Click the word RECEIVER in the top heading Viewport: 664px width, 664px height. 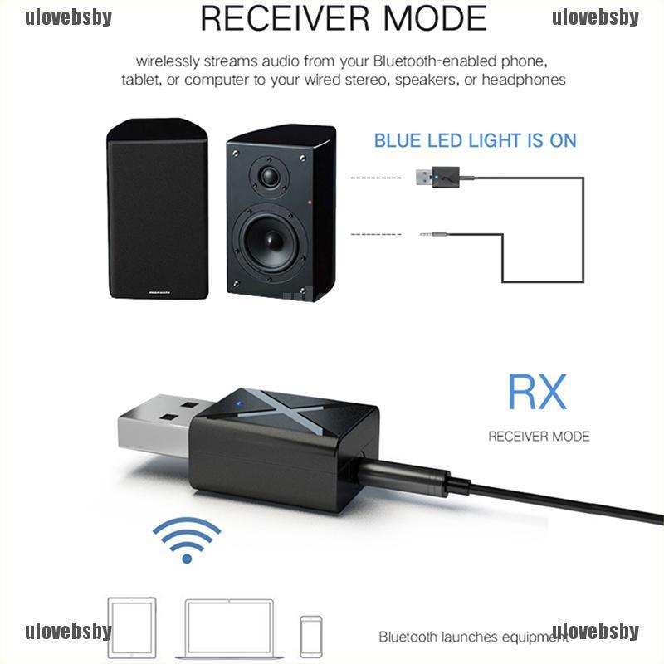[x=286, y=18]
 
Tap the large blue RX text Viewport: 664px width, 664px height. [x=537, y=392]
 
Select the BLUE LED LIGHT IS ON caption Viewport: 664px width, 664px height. [x=475, y=140]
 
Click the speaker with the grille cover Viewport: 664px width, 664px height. [x=158, y=208]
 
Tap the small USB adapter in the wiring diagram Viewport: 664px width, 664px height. [x=438, y=177]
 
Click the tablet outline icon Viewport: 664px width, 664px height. [x=132, y=627]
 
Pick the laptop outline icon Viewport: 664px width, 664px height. [x=230, y=629]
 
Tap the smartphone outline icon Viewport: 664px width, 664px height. [x=311, y=637]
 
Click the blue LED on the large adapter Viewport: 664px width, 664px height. [x=238, y=403]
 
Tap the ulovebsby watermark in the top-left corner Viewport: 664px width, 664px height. [x=69, y=17]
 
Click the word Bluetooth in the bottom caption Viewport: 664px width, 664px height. [x=408, y=637]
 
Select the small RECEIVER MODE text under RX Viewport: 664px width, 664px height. [x=539, y=437]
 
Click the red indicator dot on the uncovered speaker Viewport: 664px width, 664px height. [x=310, y=203]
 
